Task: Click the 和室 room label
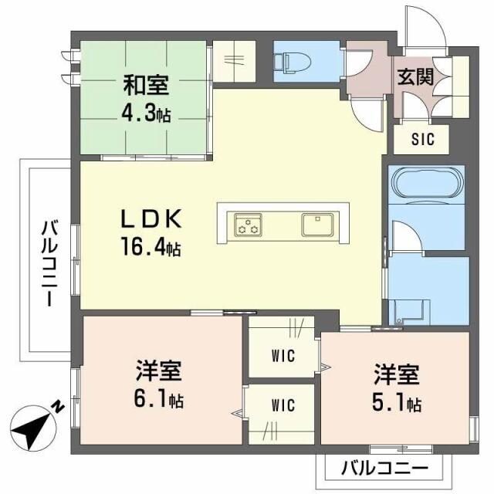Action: (x=144, y=83)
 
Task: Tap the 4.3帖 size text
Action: (x=144, y=113)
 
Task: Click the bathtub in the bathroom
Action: (x=427, y=186)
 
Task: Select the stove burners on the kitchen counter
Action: (x=249, y=225)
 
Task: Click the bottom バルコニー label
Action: (x=384, y=468)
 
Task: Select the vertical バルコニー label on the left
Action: (x=49, y=262)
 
